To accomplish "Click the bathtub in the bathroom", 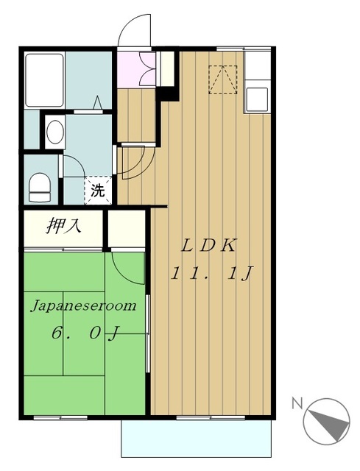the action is click(x=45, y=80).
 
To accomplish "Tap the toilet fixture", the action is click(x=40, y=186).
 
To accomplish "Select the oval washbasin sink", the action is click(x=55, y=132).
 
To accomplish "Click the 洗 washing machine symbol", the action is click(x=98, y=190).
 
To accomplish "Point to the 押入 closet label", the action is click(x=63, y=226).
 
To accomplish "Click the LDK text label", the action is click(x=209, y=246).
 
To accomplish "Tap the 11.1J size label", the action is click(x=211, y=274).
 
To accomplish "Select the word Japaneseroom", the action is click(x=84, y=306).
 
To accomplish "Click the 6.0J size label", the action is click(x=86, y=333).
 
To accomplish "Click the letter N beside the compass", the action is click(x=297, y=403).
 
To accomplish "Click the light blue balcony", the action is click(x=197, y=439).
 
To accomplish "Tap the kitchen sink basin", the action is click(x=257, y=99).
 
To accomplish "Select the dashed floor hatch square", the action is click(x=223, y=80).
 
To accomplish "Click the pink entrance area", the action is click(x=135, y=70).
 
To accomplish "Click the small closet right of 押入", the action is click(x=126, y=229).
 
